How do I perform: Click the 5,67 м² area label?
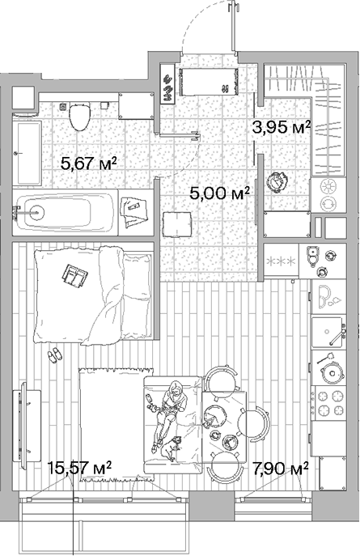(88, 163)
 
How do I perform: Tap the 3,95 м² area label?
(282, 127)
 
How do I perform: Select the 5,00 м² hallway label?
(220, 193)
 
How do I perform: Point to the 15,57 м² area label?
(79, 467)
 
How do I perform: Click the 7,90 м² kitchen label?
(280, 469)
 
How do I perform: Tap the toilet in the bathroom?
(80, 116)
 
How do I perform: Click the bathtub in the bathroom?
(65, 212)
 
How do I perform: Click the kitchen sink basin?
(327, 332)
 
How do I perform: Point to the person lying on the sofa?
(170, 415)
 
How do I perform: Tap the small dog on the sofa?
(171, 448)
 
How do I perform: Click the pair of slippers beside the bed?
(54, 354)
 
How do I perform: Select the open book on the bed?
(74, 274)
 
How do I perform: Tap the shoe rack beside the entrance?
(167, 83)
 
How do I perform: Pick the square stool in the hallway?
(177, 224)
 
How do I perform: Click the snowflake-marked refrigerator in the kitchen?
(282, 261)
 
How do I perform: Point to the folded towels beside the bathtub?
(134, 212)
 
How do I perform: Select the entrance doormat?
(209, 83)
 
